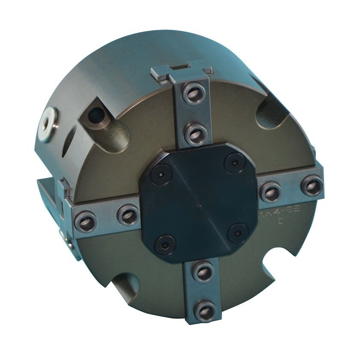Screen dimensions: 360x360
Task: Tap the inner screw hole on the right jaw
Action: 270,192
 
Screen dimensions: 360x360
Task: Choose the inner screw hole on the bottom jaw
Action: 200,270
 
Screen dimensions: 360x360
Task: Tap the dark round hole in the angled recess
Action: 95,114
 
